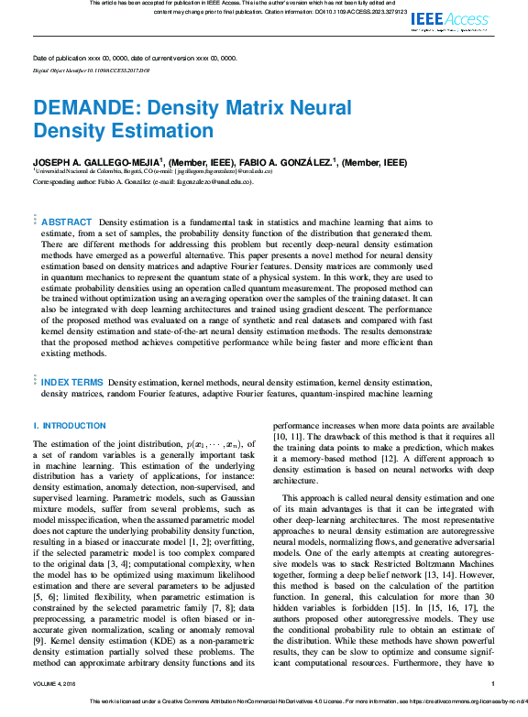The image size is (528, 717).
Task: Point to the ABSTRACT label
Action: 67,223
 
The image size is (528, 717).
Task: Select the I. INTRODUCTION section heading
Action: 69,426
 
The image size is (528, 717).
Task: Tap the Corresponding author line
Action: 142,181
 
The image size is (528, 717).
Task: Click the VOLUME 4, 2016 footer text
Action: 58,683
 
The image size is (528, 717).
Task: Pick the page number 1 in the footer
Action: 493,683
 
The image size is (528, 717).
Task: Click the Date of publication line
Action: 134,57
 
